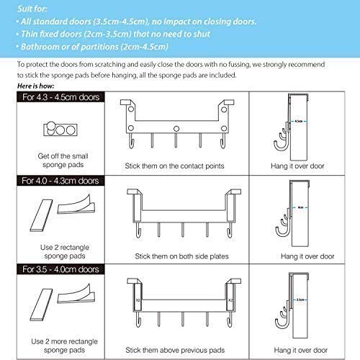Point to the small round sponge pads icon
tap(56, 130)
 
